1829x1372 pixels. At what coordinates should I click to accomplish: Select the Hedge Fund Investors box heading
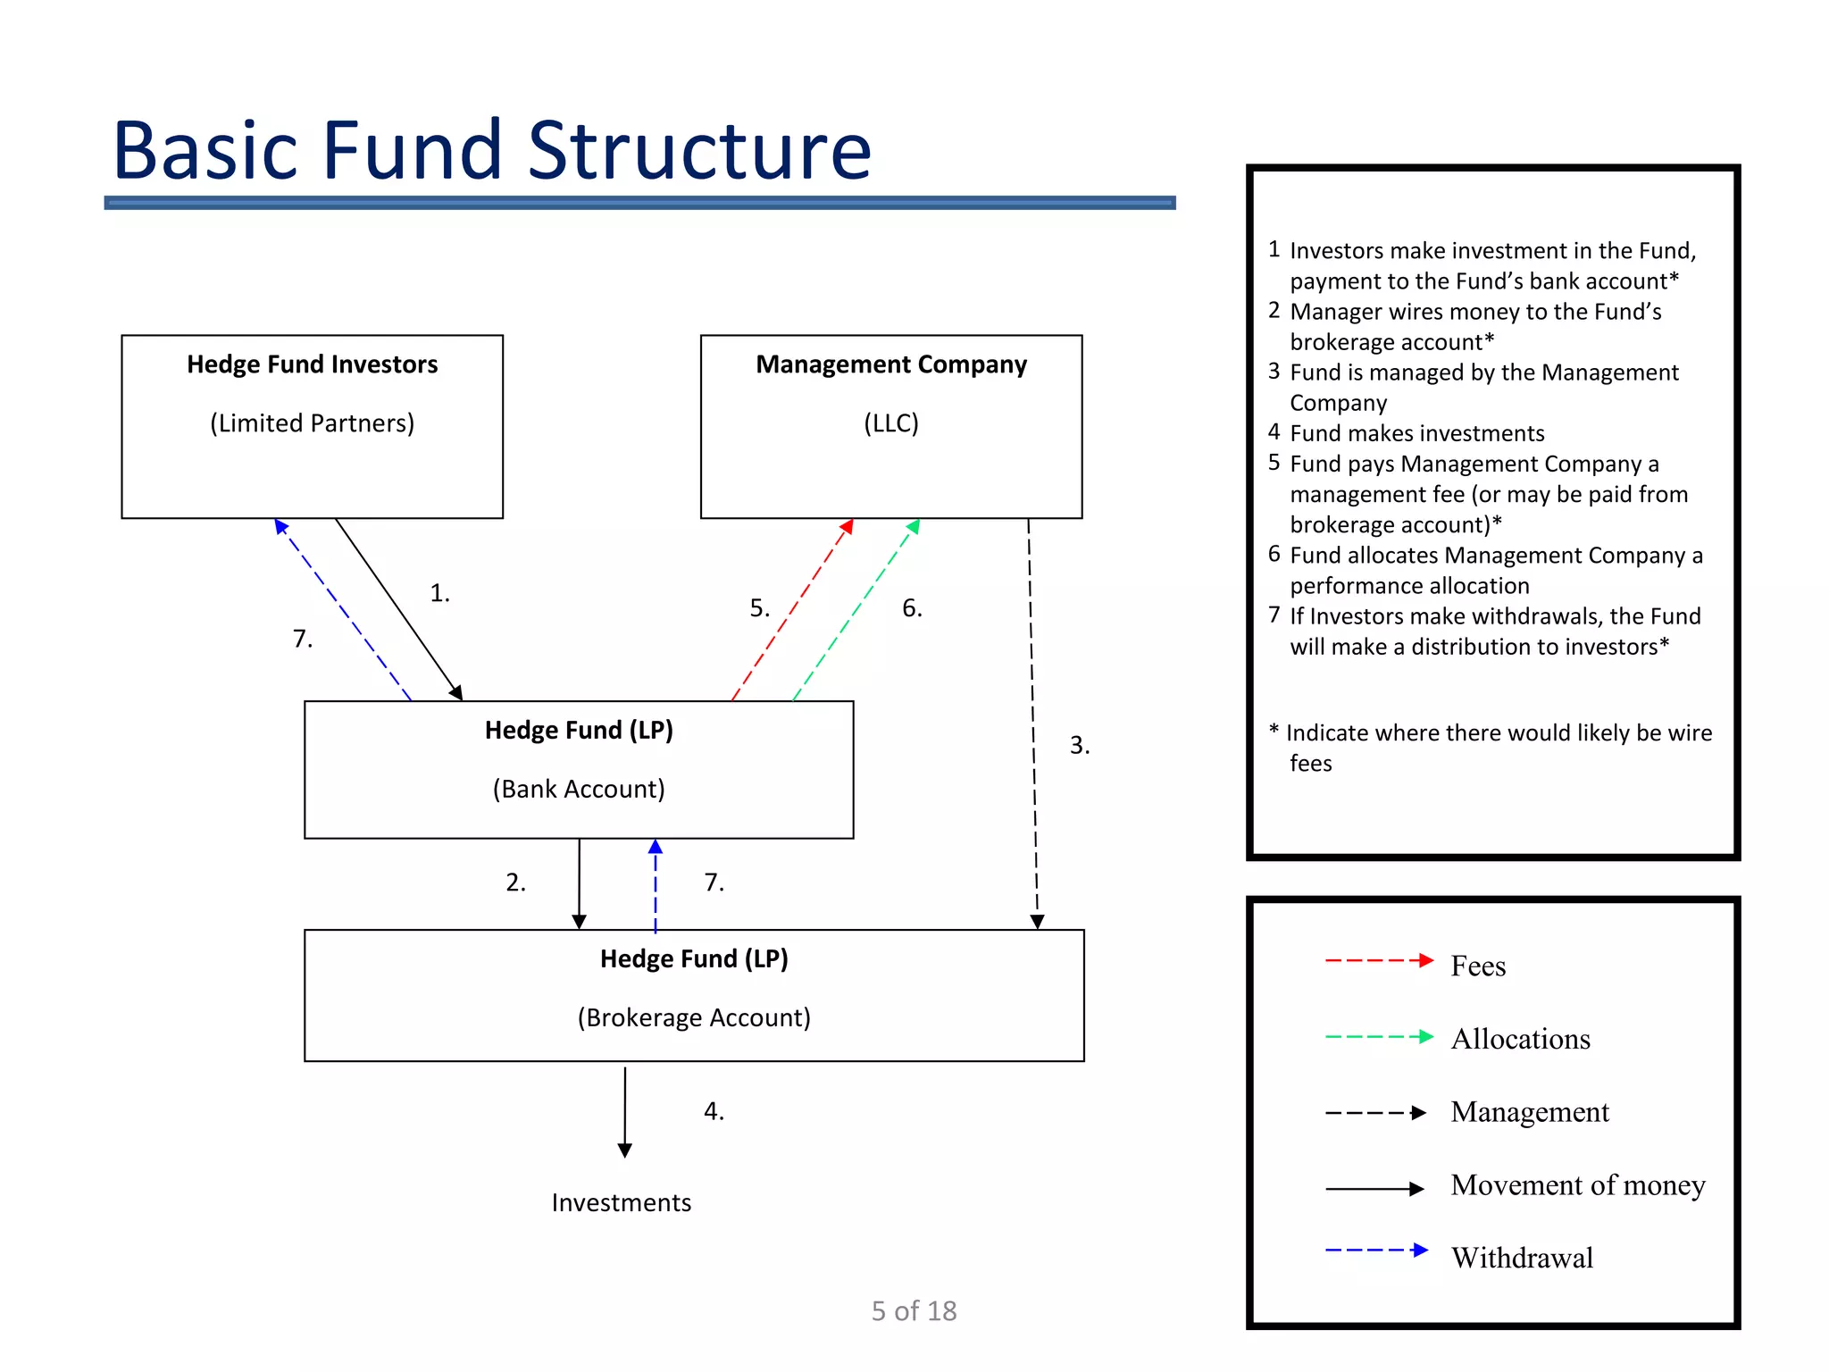point(312,364)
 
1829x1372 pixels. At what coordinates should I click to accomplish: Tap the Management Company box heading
point(890,364)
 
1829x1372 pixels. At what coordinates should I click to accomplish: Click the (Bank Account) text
point(579,789)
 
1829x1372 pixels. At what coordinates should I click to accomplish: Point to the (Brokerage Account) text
point(694,1017)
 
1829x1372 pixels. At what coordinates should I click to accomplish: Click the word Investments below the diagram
point(621,1202)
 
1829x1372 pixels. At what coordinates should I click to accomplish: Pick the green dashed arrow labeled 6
point(856,610)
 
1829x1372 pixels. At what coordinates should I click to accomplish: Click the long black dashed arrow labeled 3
point(1032,724)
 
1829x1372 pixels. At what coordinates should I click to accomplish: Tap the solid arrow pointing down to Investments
point(625,1112)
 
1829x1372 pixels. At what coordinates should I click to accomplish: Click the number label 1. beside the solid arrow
point(439,593)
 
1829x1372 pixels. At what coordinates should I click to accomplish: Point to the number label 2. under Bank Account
point(515,883)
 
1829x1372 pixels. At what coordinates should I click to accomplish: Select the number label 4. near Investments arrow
point(714,1111)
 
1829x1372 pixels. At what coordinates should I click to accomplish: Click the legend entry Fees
point(1478,966)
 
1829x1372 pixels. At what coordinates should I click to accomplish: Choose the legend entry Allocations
point(1520,1039)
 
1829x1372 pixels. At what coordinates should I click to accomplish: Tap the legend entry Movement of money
point(1577,1184)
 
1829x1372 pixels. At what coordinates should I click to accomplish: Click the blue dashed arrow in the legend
point(1376,1250)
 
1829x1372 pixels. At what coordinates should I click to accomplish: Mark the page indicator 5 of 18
point(914,1310)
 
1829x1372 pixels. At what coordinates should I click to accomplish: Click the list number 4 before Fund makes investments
point(1274,432)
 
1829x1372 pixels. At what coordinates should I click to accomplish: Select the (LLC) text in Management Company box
point(890,422)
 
